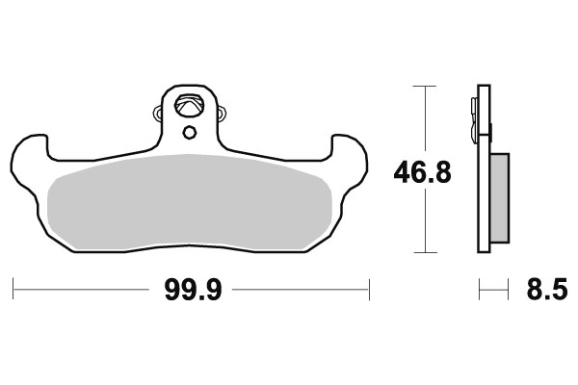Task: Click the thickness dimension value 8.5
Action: point(541,289)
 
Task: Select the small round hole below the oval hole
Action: point(190,132)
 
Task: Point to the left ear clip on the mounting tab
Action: point(160,116)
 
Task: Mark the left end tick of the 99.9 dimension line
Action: point(13,287)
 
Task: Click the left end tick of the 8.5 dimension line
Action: point(480,287)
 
